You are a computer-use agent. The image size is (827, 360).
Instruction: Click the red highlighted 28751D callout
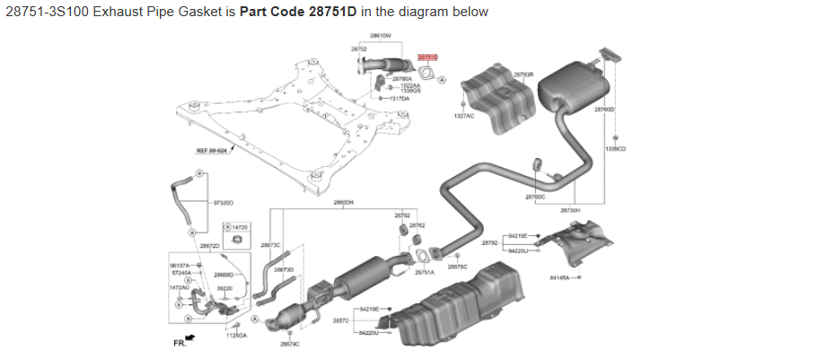coord(427,57)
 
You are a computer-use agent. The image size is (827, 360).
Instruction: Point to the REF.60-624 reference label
coord(212,151)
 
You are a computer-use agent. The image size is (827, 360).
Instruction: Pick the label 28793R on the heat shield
coord(523,75)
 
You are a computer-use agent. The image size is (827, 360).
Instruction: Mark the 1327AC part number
coord(463,116)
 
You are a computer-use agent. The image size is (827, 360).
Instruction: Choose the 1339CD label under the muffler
coord(615,148)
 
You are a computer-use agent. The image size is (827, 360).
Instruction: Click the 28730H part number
coord(570,210)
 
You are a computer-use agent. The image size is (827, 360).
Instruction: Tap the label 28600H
coord(343,203)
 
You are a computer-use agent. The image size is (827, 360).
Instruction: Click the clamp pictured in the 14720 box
coord(236,241)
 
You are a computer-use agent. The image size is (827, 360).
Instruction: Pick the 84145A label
coord(560,277)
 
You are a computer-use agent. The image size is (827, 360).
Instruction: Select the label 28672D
coord(209,245)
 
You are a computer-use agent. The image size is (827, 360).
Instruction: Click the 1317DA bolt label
coord(400,98)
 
